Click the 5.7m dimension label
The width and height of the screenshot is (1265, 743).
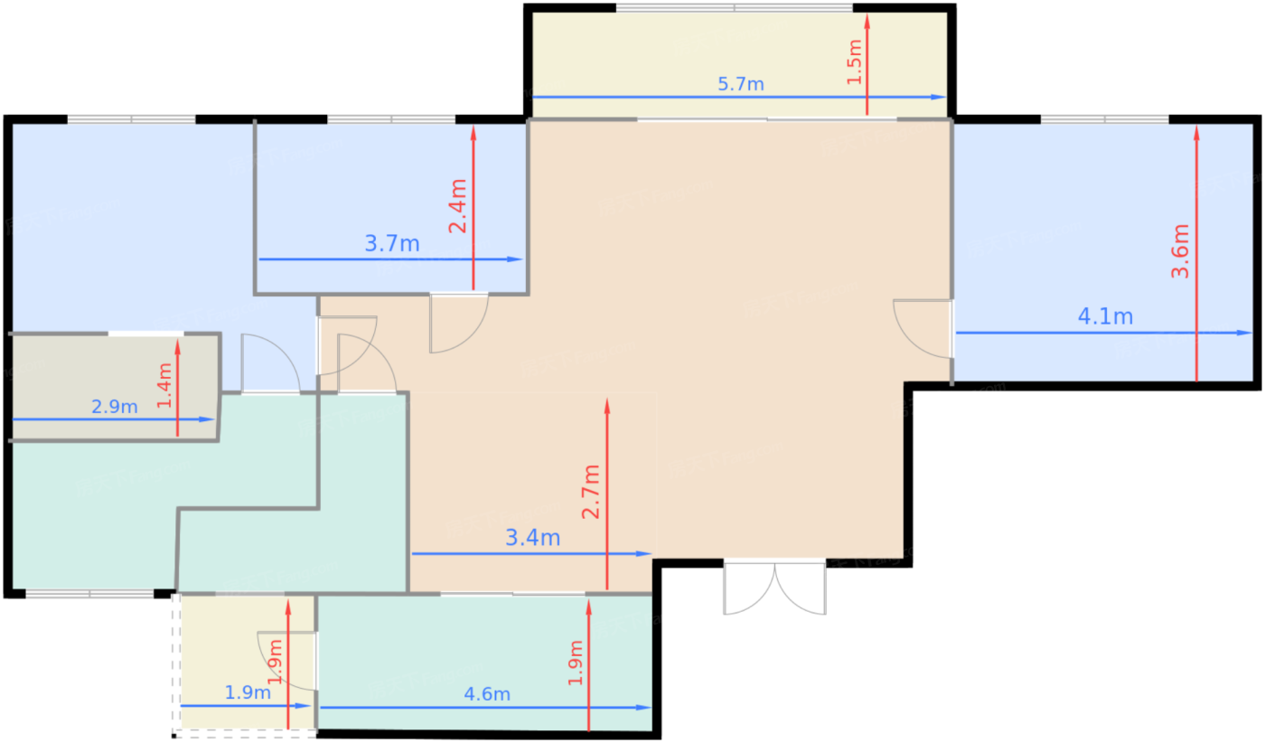[x=740, y=84]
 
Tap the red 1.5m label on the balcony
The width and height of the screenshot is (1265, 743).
[x=855, y=62]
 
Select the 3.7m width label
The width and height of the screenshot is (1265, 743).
[x=392, y=243]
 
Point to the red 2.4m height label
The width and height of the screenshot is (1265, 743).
[x=457, y=206]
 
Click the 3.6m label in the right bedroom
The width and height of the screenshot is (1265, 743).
[x=1180, y=251]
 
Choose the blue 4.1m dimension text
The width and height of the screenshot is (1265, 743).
[x=1105, y=316]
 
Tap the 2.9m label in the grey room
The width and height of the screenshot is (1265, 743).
[x=115, y=407]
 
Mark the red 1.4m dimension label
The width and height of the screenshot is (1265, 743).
[x=164, y=385]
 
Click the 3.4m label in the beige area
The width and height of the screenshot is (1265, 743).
[x=532, y=537]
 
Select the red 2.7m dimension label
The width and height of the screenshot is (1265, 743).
[x=591, y=492]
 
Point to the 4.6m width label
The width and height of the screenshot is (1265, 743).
[x=487, y=694]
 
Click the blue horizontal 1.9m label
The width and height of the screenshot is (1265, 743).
[x=248, y=692]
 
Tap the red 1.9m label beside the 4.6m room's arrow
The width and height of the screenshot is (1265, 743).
[x=575, y=663]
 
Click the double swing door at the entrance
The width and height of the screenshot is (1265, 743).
[x=775, y=588]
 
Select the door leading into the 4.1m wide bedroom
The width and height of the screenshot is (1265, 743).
[x=923, y=329]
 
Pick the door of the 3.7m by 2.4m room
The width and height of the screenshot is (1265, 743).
[x=459, y=323]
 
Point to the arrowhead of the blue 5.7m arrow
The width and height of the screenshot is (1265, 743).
[x=938, y=98]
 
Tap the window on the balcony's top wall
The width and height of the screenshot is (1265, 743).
[x=734, y=8]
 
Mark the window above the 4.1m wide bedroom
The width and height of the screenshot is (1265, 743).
[x=1104, y=119]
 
